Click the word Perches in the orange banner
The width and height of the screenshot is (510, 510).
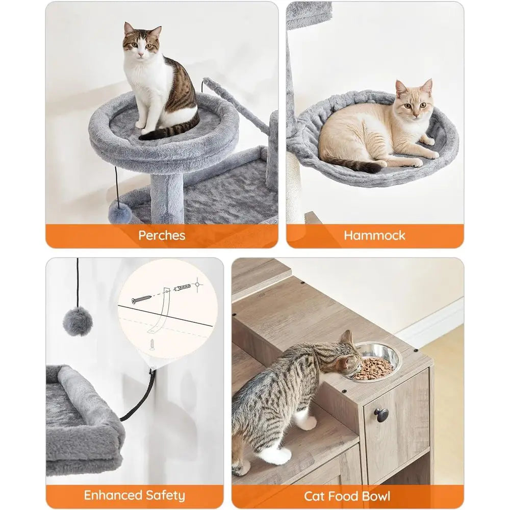[x=161, y=236]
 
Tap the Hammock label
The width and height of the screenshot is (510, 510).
[x=374, y=236]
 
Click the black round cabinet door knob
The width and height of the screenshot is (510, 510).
[x=381, y=415]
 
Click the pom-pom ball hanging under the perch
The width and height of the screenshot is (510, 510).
[x=120, y=212]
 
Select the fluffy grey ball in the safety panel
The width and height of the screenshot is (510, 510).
[x=78, y=322]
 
